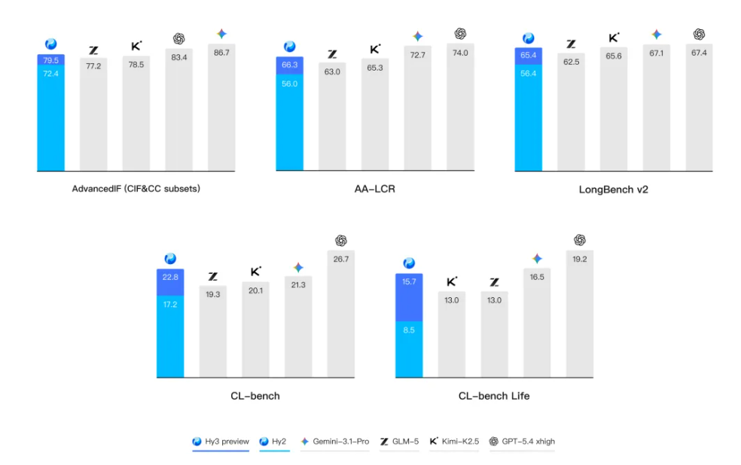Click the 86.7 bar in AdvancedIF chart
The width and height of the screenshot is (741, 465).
pos(221,109)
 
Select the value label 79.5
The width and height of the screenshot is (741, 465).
pos(50,60)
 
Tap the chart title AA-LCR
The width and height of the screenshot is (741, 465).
pos(374,190)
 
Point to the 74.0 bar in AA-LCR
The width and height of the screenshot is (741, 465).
pos(460,109)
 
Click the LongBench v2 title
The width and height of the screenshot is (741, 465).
pos(613,190)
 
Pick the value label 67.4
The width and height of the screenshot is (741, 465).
pos(698,52)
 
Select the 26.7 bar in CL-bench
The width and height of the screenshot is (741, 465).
pos(340,316)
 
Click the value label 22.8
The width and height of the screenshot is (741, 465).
pos(169,278)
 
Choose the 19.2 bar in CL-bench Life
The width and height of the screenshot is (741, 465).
pos(579,316)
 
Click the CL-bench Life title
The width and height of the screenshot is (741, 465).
pos(494,396)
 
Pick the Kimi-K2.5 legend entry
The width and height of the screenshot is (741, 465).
pos(454,442)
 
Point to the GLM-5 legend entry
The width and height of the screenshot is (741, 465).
pos(400,442)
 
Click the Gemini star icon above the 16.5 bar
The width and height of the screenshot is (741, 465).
pos(537,258)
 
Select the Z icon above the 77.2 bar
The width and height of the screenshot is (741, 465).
pos(93,50)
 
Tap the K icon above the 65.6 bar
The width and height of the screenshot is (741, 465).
pos(614,38)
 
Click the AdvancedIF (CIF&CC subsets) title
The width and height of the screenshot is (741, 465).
pos(136,190)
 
